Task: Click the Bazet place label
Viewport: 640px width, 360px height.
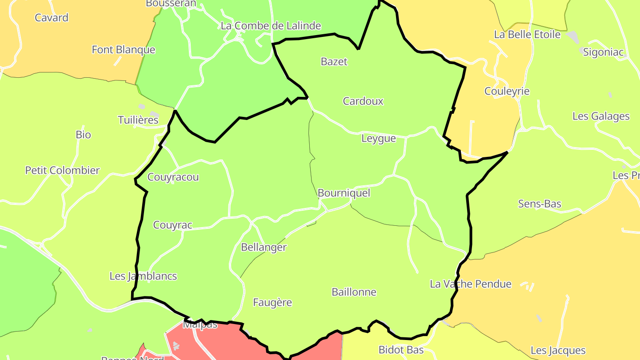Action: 334,62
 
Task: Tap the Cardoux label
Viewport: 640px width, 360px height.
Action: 363,101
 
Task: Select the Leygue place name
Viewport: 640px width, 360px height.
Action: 379,139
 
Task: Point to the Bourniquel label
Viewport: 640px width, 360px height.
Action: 344,193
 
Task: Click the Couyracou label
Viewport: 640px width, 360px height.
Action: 173,177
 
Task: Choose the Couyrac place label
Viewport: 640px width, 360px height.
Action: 172,225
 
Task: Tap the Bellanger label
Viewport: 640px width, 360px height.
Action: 264,248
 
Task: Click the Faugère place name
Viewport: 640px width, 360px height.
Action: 272,303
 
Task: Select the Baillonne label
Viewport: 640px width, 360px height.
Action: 354,292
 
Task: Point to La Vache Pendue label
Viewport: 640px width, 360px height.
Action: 471,284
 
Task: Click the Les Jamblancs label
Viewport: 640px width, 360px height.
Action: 143,276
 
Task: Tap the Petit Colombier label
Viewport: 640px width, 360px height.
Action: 63,171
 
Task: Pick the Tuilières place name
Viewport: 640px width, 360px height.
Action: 138,120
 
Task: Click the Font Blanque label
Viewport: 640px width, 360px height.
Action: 124,50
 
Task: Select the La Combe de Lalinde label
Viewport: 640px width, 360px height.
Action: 271,26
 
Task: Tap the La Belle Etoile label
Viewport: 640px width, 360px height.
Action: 528,35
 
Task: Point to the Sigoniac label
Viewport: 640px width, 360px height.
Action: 604,52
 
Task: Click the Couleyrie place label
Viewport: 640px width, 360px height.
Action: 507,92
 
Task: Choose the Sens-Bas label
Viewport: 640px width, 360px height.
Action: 540,204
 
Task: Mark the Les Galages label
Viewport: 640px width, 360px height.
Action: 601,116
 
